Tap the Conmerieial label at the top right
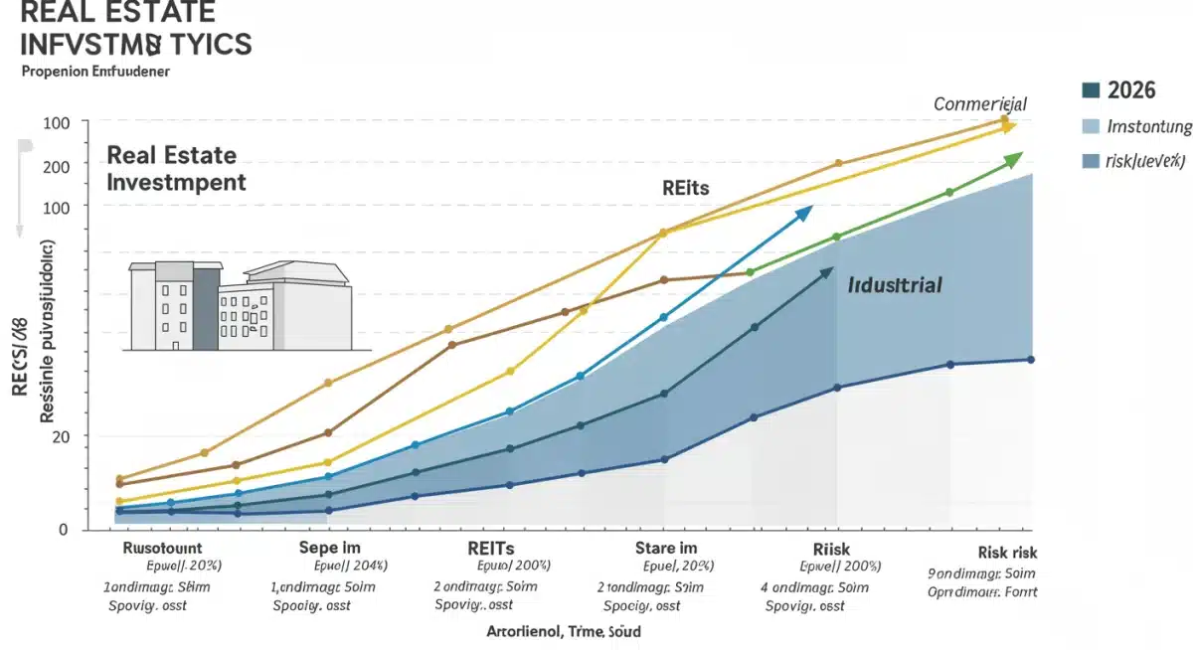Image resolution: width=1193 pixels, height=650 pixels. [980, 104]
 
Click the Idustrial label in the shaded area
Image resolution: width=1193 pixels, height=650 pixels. [895, 285]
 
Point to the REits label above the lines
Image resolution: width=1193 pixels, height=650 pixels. [685, 187]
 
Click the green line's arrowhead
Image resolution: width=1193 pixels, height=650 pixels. [1013, 159]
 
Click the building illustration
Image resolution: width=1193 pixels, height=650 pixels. [240, 305]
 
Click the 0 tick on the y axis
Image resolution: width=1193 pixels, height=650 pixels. [63, 530]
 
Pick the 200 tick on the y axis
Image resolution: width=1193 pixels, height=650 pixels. [57, 166]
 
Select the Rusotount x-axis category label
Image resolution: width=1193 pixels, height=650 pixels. [162, 548]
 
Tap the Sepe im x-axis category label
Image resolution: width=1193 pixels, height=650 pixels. [329, 548]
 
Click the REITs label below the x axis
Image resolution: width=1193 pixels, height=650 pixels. [490, 548]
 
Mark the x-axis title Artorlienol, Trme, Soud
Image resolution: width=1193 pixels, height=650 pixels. [564, 631]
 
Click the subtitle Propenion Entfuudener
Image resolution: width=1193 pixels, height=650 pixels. [95, 73]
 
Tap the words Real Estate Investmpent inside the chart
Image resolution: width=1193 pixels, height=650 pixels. [176, 169]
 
